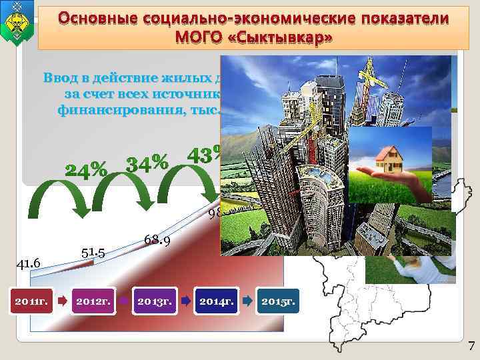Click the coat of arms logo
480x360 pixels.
(x=18, y=23)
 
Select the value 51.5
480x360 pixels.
(x=93, y=251)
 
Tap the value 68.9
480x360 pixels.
(x=157, y=239)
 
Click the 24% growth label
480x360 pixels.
(x=85, y=169)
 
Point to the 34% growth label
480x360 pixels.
(x=147, y=162)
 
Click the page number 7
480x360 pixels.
(x=471, y=345)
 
